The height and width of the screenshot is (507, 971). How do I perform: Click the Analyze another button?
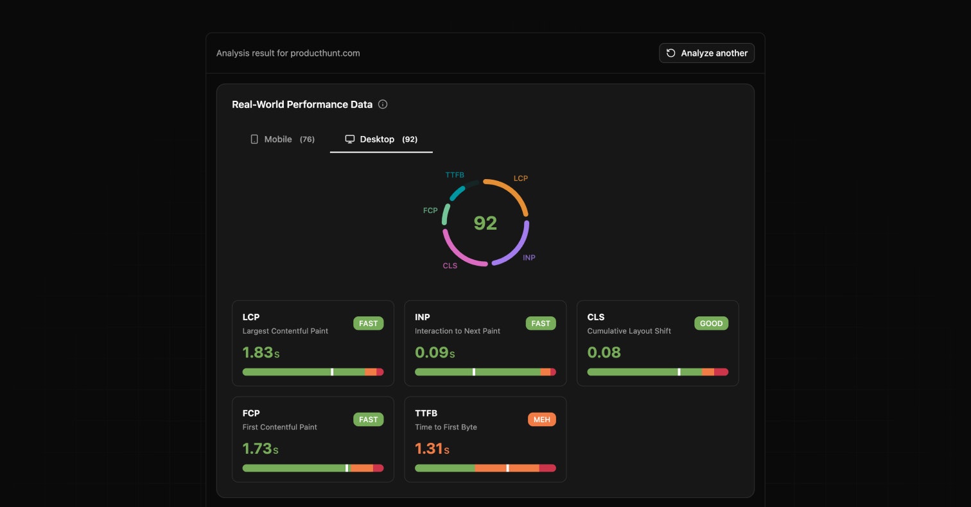tap(706, 53)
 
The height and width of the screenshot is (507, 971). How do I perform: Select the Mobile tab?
tap(282, 139)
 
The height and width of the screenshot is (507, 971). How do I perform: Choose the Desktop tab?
tap(381, 139)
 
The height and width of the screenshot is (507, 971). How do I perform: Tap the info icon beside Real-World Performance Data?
tap(383, 105)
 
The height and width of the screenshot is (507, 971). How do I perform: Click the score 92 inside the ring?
tap(485, 223)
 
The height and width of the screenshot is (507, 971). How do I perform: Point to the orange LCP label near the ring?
tap(521, 178)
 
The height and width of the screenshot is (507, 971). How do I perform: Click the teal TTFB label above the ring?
tap(455, 175)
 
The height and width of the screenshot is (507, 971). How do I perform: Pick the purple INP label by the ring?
tap(529, 258)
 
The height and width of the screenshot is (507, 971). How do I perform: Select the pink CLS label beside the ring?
tap(450, 266)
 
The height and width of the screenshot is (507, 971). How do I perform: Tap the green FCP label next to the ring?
tap(430, 211)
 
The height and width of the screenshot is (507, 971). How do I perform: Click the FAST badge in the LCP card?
tap(368, 323)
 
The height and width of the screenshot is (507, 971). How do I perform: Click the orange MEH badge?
tap(541, 420)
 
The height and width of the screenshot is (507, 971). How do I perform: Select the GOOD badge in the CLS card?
tap(711, 323)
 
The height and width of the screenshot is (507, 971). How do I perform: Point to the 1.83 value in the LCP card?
tap(258, 352)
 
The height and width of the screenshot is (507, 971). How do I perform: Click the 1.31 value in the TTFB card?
tap(430, 449)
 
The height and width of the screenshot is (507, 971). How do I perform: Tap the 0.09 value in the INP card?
tap(430, 352)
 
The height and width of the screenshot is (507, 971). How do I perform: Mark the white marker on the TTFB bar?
tap(507, 468)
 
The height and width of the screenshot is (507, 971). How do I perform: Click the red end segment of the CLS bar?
tap(721, 372)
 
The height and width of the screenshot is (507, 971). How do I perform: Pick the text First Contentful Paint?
tap(279, 427)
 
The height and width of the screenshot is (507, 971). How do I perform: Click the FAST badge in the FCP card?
tap(368, 420)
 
